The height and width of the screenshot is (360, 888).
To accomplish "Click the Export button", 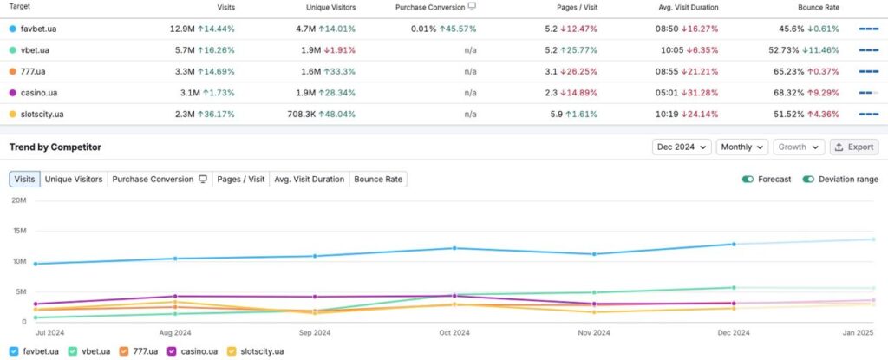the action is tap(854, 147).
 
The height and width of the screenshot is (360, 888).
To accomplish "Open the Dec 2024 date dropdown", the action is tap(682, 147).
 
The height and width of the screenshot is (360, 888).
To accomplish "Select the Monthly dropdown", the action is tap(742, 147).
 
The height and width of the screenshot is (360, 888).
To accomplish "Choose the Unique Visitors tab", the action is tap(74, 180).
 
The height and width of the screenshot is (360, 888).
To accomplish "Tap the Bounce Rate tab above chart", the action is tap(378, 180).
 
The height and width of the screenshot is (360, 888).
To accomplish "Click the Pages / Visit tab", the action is tap(241, 180).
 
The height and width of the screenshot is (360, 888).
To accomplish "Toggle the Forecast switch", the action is tap(748, 180).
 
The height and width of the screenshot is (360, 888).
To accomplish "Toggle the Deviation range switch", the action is tap(808, 180).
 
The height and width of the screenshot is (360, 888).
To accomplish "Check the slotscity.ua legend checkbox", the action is tap(232, 351).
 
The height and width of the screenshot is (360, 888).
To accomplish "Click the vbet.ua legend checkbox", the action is tap(73, 351).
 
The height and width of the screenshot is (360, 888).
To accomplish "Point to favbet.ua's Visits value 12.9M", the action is tap(182, 29).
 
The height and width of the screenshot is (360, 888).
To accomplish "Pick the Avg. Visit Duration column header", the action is tap(689, 7).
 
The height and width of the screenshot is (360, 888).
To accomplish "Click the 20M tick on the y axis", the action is tap(19, 200).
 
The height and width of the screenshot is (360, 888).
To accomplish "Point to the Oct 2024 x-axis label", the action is tap(454, 333).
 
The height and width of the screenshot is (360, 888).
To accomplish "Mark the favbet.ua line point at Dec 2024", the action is tap(734, 245).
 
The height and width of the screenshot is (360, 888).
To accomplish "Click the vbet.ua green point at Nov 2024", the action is tap(594, 292).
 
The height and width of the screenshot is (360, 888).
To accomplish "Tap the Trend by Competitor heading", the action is tap(55, 147).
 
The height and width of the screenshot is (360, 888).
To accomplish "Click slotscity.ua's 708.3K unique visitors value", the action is tap(301, 114).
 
